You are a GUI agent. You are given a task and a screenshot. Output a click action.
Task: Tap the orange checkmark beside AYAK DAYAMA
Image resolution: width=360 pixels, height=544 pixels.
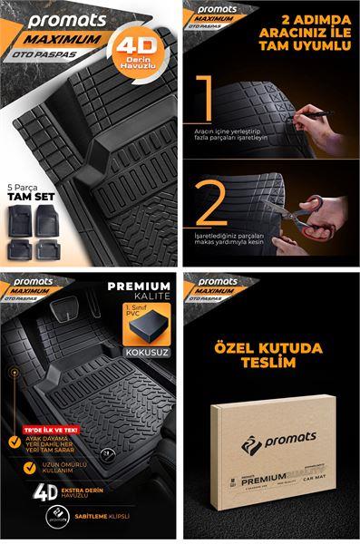tap(28, 442)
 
